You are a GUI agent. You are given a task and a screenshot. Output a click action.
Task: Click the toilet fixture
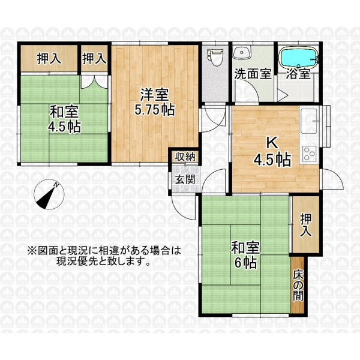pos(215,57)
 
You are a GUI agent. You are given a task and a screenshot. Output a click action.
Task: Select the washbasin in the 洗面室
pos(242,53)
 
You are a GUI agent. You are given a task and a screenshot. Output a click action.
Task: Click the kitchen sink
pos(309,121)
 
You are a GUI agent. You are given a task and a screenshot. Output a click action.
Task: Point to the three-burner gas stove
pos(309,154)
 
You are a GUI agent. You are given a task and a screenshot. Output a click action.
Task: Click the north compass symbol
pos(49,194)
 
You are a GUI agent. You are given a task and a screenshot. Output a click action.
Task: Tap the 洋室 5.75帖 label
pos(155,103)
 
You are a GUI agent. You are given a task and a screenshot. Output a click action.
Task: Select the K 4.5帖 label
pos(272,152)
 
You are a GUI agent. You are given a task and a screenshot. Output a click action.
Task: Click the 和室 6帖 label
pos(245,255)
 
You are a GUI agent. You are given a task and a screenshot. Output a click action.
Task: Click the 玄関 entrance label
pos(185,179)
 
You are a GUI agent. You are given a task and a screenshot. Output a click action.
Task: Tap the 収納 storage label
pos(185,157)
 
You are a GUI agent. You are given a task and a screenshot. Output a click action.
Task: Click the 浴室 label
pos(298,74)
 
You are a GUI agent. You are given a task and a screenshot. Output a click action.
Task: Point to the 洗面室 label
pos(253,74)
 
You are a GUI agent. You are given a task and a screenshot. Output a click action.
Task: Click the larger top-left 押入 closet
pos(49,58)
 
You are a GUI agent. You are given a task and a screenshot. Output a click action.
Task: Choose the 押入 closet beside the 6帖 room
pos(306,224)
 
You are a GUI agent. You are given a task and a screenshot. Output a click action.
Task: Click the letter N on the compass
pos(56,185)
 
